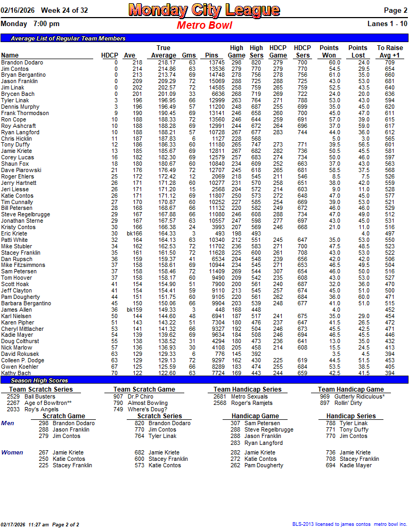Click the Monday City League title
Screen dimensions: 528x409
[x=204, y=10]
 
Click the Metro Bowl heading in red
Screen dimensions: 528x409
[x=204, y=26]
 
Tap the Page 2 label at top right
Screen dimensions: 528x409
[x=396, y=11]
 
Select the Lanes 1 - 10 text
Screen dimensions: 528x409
[x=387, y=24]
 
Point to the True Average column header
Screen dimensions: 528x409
[x=163, y=52]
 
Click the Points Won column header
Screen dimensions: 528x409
[x=329, y=52]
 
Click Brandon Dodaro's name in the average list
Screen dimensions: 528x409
[x=22, y=62]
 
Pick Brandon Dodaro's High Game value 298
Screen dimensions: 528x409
[x=236, y=62]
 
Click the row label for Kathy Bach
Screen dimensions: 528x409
[x=16, y=373]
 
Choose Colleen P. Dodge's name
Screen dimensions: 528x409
[x=22, y=360]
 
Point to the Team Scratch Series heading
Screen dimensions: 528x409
[x=41, y=389]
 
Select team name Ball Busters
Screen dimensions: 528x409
[x=40, y=396]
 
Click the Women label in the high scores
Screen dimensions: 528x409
[x=12, y=452]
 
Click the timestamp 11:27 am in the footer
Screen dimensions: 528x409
[x=50, y=525]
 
